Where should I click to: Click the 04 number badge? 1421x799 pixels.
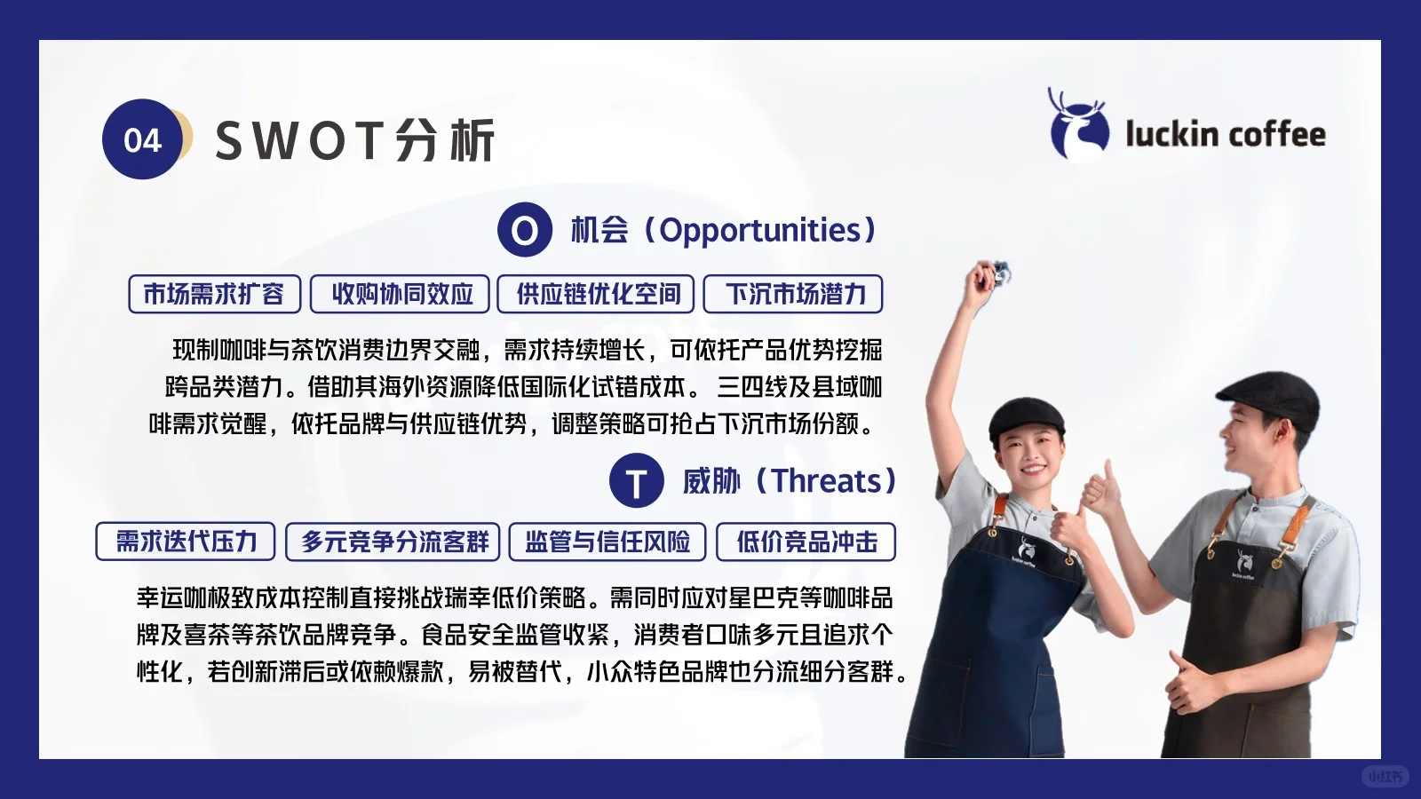(x=142, y=139)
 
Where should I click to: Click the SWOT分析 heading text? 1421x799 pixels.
(x=354, y=141)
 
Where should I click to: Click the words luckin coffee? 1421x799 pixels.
(x=1225, y=135)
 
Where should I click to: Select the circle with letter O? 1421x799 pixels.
(x=524, y=230)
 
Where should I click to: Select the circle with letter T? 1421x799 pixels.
(x=636, y=481)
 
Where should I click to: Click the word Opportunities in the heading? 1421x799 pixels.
(x=760, y=230)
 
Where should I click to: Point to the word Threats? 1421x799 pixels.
(x=826, y=481)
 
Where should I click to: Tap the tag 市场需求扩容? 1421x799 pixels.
(x=214, y=294)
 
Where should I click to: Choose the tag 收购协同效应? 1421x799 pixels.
(x=400, y=294)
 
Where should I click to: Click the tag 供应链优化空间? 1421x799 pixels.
(x=596, y=294)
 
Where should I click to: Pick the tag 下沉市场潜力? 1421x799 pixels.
(x=793, y=294)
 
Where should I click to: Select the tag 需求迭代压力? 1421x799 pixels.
(x=186, y=542)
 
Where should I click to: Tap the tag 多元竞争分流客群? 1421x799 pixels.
(x=393, y=542)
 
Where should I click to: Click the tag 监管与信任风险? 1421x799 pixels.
(x=607, y=542)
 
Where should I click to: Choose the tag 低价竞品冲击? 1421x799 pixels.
(x=806, y=542)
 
